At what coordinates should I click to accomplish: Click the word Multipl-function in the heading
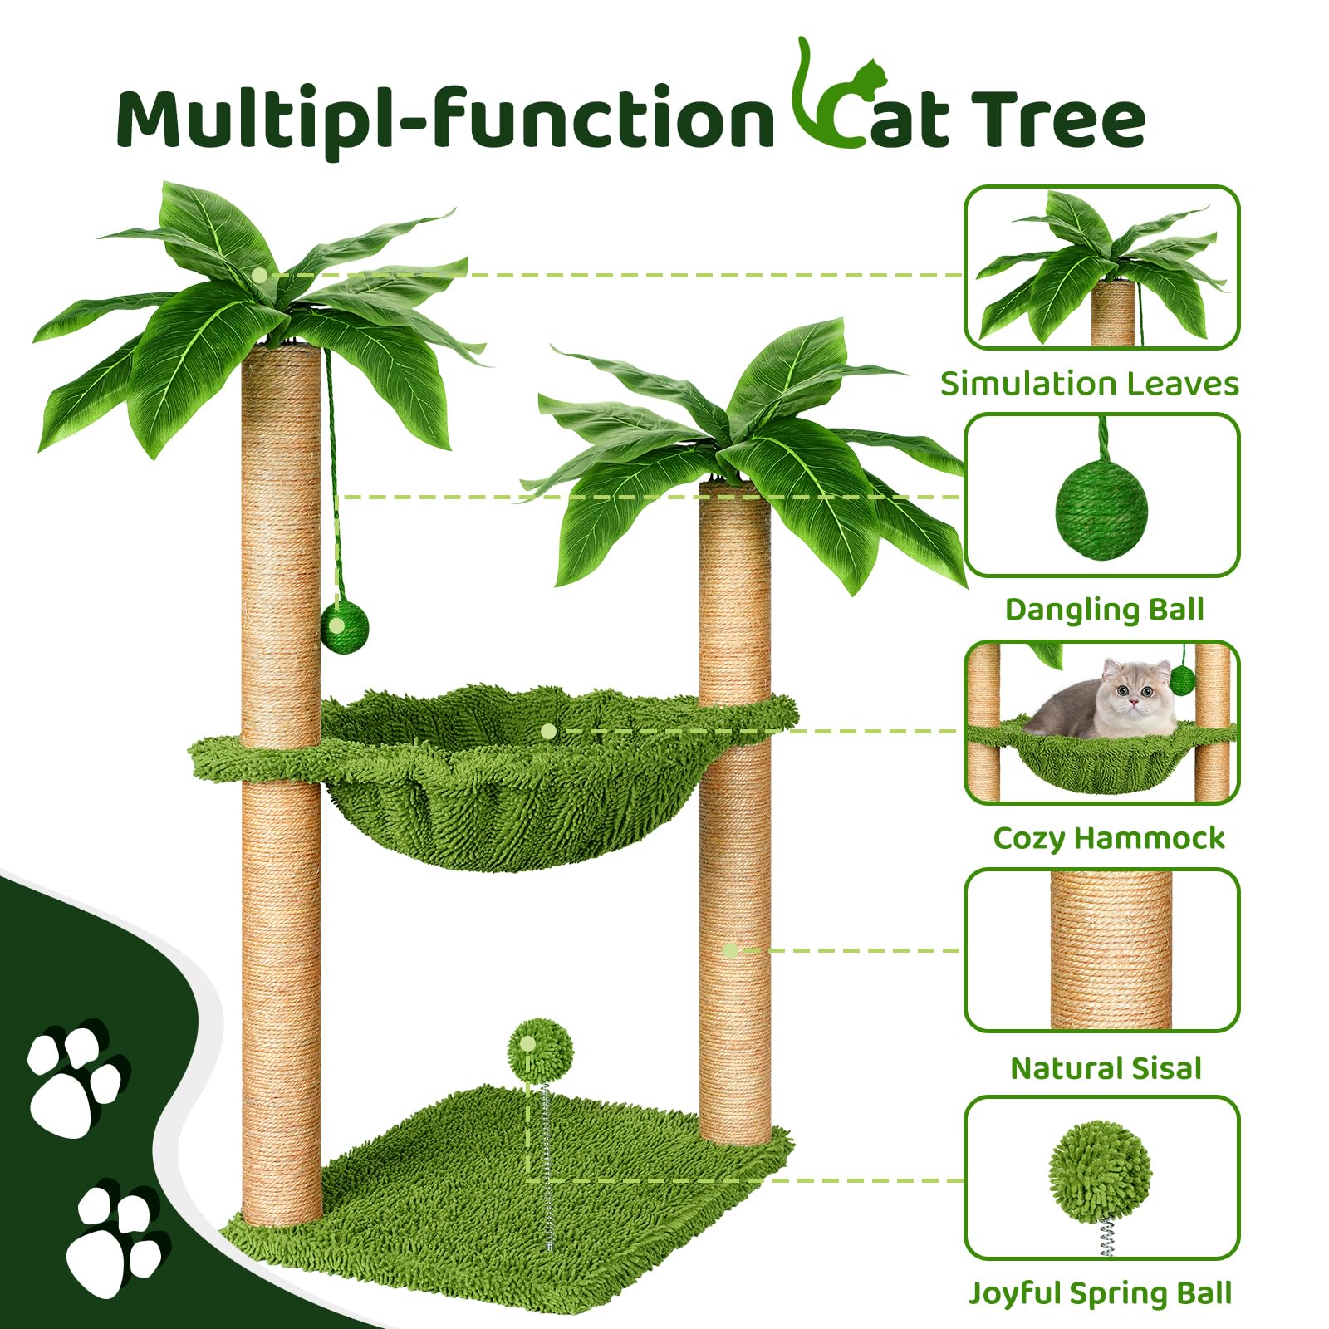pyautogui.click(x=444, y=119)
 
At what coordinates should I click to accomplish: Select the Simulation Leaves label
pyautogui.click(x=1089, y=384)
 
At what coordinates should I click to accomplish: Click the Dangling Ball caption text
pyautogui.click(x=1104, y=610)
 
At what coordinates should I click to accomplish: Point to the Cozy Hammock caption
pyautogui.click(x=1108, y=838)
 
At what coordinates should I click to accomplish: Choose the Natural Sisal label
pyautogui.click(x=1106, y=1068)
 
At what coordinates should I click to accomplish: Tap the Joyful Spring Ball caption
pyautogui.click(x=1101, y=1293)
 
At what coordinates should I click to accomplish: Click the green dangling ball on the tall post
pyautogui.click(x=344, y=628)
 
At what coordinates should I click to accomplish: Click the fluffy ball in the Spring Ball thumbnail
pyautogui.click(x=1100, y=1171)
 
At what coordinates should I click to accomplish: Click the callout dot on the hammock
pyautogui.click(x=547, y=731)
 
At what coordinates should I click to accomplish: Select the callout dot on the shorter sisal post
pyautogui.click(x=730, y=950)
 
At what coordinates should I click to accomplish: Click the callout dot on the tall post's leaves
pyautogui.click(x=260, y=274)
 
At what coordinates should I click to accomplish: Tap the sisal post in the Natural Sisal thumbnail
pyautogui.click(x=1110, y=950)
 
